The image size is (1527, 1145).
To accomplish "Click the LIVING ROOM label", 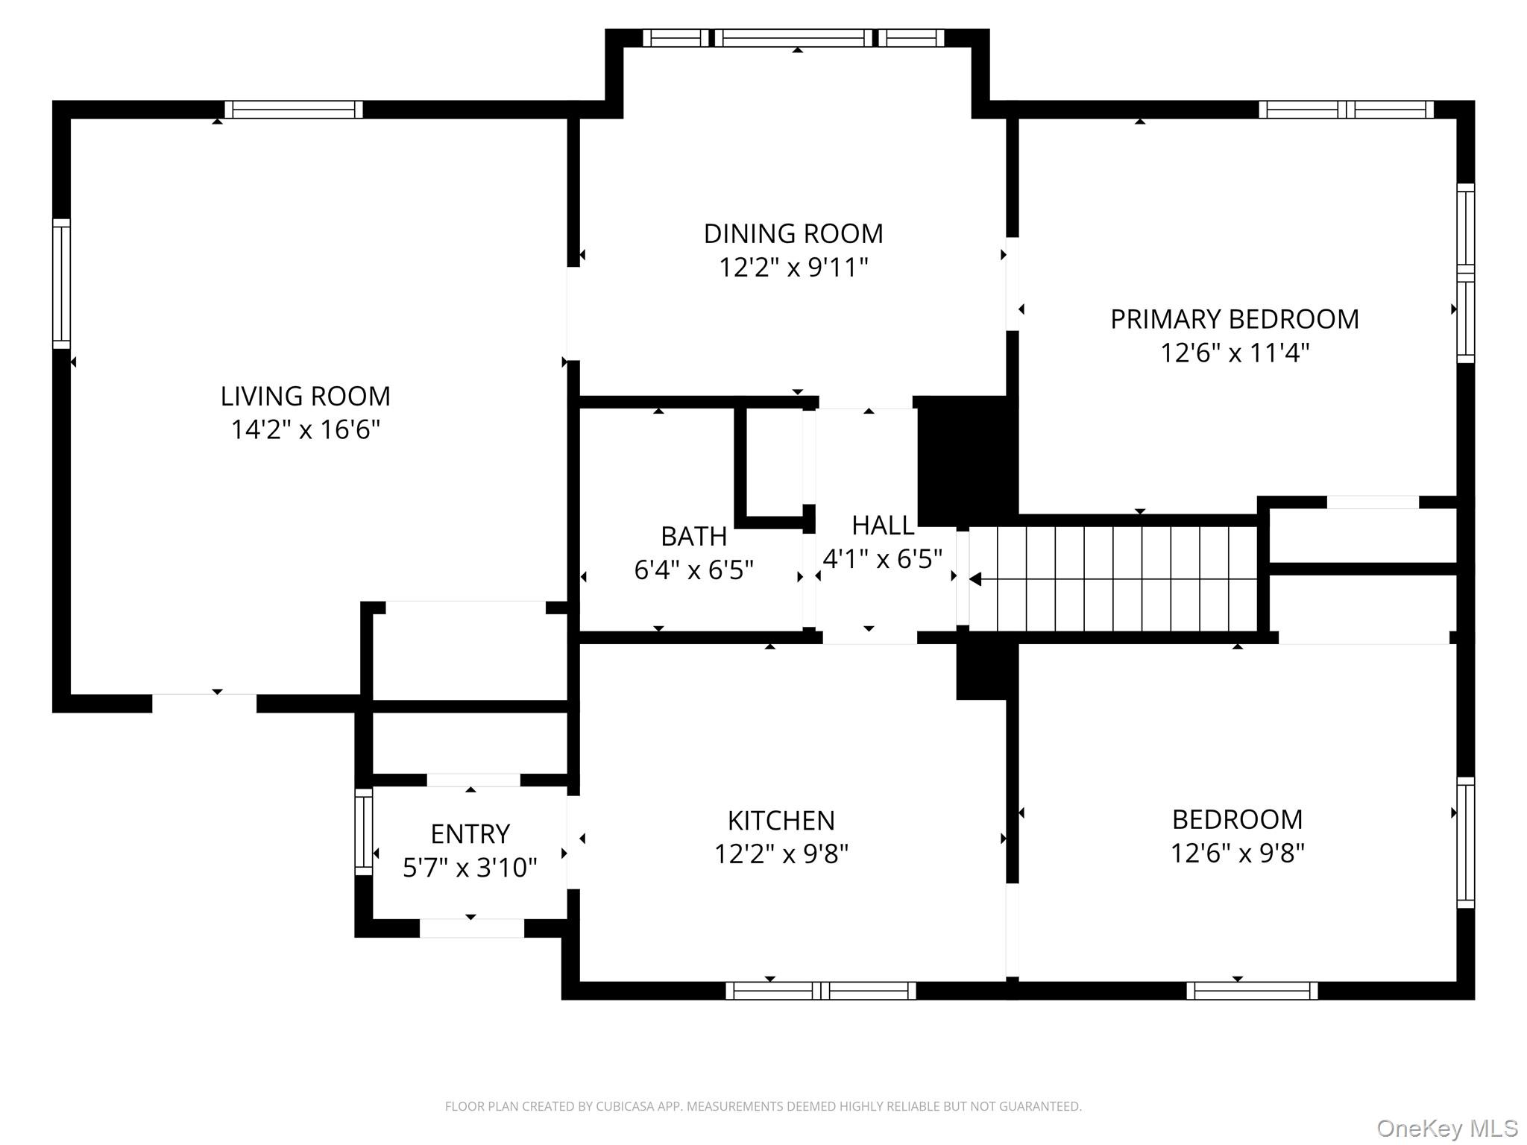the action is click(x=305, y=396).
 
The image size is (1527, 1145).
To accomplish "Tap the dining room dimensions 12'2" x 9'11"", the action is click(x=793, y=267).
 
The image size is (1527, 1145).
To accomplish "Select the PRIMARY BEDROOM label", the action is click(x=1235, y=319).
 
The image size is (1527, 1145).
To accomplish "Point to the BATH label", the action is click(x=693, y=536).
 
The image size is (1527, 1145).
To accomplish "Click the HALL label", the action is click(x=883, y=526).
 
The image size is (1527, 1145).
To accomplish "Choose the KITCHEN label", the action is click(x=781, y=821).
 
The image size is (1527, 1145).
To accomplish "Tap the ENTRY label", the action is click(x=470, y=833).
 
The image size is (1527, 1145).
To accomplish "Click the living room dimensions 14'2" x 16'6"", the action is click(x=305, y=429).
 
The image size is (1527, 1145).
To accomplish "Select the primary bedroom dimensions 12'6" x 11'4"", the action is click(x=1235, y=353).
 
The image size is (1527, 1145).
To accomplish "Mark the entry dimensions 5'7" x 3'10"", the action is click(x=470, y=867).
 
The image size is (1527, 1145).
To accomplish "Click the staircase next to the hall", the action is click(x=1112, y=578).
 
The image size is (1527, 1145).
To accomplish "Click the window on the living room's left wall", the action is click(x=61, y=283).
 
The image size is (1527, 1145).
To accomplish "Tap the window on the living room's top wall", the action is click(x=294, y=110).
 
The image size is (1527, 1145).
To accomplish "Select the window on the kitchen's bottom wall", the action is click(x=820, y=991).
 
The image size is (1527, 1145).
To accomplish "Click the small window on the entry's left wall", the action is click(x=363, y=832).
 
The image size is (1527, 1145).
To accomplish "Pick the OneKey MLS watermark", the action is click(x=1447, y=1129).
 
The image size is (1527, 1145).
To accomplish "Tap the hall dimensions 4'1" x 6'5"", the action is click(x=883, y=558).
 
